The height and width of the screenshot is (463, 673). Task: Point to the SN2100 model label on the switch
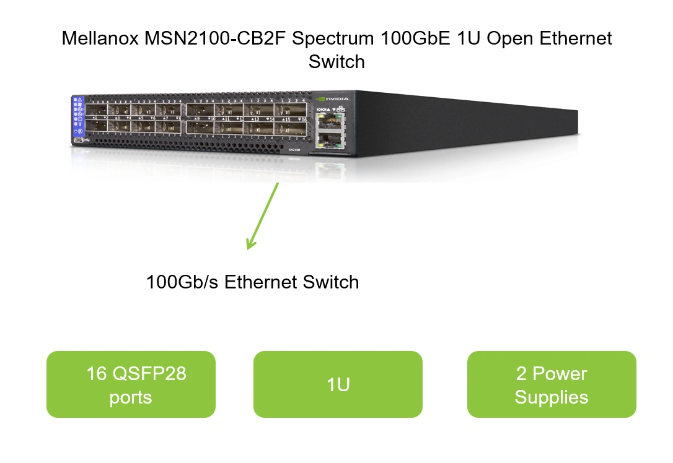[294, 149]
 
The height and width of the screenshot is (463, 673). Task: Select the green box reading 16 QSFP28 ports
[131, 384]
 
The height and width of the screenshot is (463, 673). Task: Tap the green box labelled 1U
[338, 384]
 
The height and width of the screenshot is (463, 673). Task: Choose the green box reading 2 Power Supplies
[552, 384]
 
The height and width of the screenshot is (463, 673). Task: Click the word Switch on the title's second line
[336, 62]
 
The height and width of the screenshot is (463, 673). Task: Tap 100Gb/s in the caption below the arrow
[182, 282]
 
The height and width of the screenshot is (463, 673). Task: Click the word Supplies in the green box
[552, 397]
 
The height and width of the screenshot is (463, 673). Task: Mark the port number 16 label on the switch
[303, 119]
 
